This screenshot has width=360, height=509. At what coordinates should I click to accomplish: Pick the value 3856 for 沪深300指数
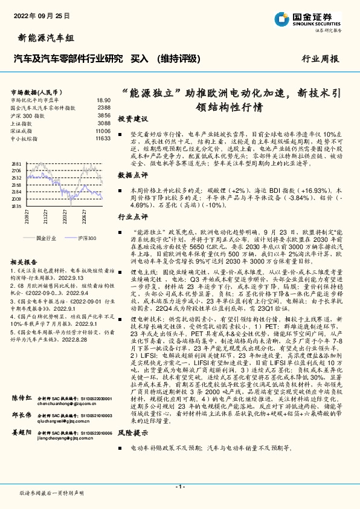tap(104, 115)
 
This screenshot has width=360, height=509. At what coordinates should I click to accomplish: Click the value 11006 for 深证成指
tap(103, 131)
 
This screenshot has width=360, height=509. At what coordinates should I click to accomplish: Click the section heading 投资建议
tap(132, 118)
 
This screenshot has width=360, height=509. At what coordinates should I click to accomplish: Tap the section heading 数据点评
tap(132, 175)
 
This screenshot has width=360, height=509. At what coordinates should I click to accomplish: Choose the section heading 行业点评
tap(132, 216)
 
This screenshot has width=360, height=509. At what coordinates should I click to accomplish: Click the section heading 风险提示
tap(132, 450)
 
